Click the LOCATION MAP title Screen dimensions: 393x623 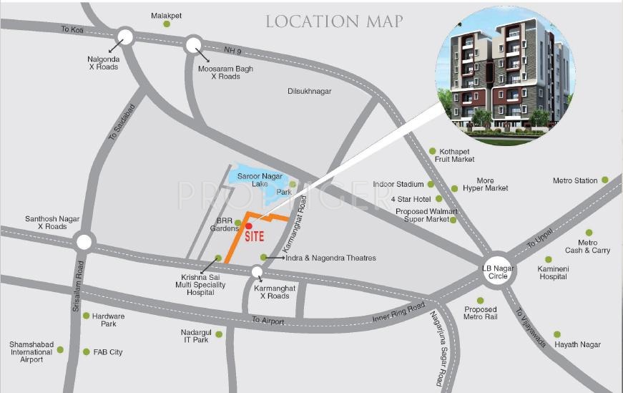click(334, 21)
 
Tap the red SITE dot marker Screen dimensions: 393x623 click(248, 225)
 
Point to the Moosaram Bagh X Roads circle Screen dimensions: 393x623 click(194, 46)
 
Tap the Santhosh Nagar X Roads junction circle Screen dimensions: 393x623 click(84, 242)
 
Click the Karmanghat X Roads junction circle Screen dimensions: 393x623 click(257, 271)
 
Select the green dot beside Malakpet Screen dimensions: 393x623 click(167, 24)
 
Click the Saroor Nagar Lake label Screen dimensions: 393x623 click(260, 180)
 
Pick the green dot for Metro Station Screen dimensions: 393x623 click(604, 180)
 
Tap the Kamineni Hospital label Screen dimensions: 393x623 click(553, 272)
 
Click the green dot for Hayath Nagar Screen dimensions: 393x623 click(557, 334)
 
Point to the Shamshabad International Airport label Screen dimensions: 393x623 click(31, 351)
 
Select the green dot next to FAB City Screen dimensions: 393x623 click(86, 351)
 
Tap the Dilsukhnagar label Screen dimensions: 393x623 click(309, 92)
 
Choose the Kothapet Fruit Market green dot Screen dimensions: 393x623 click(432, 150)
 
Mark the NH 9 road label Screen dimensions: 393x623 click(233, 49)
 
